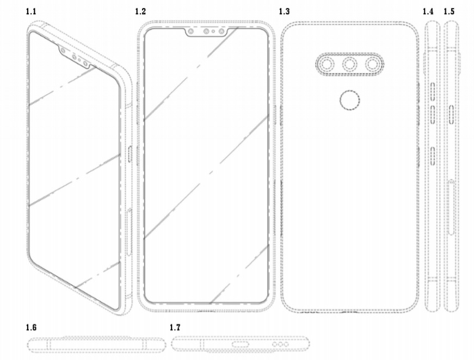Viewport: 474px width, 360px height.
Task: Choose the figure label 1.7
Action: [175, 327]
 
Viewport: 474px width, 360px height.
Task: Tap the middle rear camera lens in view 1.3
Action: [349, 65]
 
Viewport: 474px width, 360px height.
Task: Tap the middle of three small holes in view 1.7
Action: [280, 345]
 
